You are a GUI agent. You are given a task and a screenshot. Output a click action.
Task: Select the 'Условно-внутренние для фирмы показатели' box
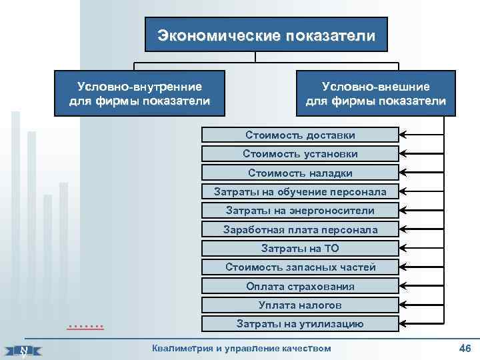[x=139, y=93]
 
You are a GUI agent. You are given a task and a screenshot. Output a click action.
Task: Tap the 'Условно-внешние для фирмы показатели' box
[x=375, y=93]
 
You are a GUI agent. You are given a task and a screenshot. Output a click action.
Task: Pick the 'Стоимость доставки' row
[x=300, y=135]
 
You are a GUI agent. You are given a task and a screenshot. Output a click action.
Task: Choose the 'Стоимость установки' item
[x=300, y=154]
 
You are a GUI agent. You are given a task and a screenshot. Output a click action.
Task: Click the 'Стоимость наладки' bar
[x=300, y=173]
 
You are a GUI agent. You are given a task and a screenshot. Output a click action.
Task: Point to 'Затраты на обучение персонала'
[x=300, y=192]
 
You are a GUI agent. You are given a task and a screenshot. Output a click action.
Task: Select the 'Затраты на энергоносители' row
[x=300, y=211]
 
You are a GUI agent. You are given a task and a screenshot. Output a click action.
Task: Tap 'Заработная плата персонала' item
[x=300, y=230]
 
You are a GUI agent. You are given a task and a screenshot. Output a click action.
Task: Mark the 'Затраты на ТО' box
[x=300, y=249]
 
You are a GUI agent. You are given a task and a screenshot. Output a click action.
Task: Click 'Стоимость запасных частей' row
[x=300, y=267]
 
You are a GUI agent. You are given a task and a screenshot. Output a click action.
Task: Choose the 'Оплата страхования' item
[x=300, y=287]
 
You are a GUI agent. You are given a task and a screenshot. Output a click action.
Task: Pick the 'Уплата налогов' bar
[x=300, y=305]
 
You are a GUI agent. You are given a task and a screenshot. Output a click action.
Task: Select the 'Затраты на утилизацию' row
[x=300, y=324]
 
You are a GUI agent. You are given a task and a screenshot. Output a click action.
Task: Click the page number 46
[x=465, y=349]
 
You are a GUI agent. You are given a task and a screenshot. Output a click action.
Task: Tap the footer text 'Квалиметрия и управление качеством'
[x=241, y=348]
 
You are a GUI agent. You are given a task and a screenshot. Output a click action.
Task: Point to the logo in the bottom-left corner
[x=24, y=350]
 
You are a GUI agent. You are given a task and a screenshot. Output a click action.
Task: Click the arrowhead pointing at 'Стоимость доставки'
[x=403, y=135]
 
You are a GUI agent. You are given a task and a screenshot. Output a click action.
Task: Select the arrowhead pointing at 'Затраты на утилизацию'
[x=403, y=324]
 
